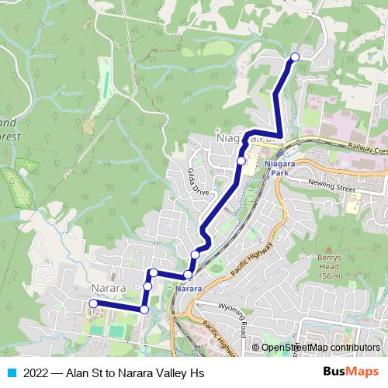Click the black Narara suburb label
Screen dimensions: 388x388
107,288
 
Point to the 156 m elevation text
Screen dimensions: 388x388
329,276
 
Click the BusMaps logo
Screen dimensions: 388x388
351,372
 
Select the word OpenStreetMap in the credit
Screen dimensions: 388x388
297,348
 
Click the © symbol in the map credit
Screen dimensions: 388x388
255,348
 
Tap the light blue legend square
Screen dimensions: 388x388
12,372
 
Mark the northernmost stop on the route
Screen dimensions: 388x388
295,56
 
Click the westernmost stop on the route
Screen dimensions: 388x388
93,303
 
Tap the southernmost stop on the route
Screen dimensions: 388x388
144,310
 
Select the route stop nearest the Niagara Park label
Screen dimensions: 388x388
241,161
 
